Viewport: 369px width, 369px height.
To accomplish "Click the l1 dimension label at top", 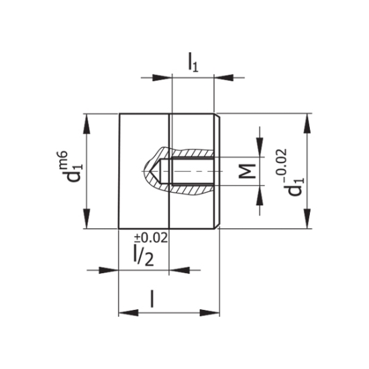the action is point(193,62).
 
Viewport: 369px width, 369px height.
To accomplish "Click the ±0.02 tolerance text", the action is point(151,238).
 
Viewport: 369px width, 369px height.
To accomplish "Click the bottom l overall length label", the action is point(152,299).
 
